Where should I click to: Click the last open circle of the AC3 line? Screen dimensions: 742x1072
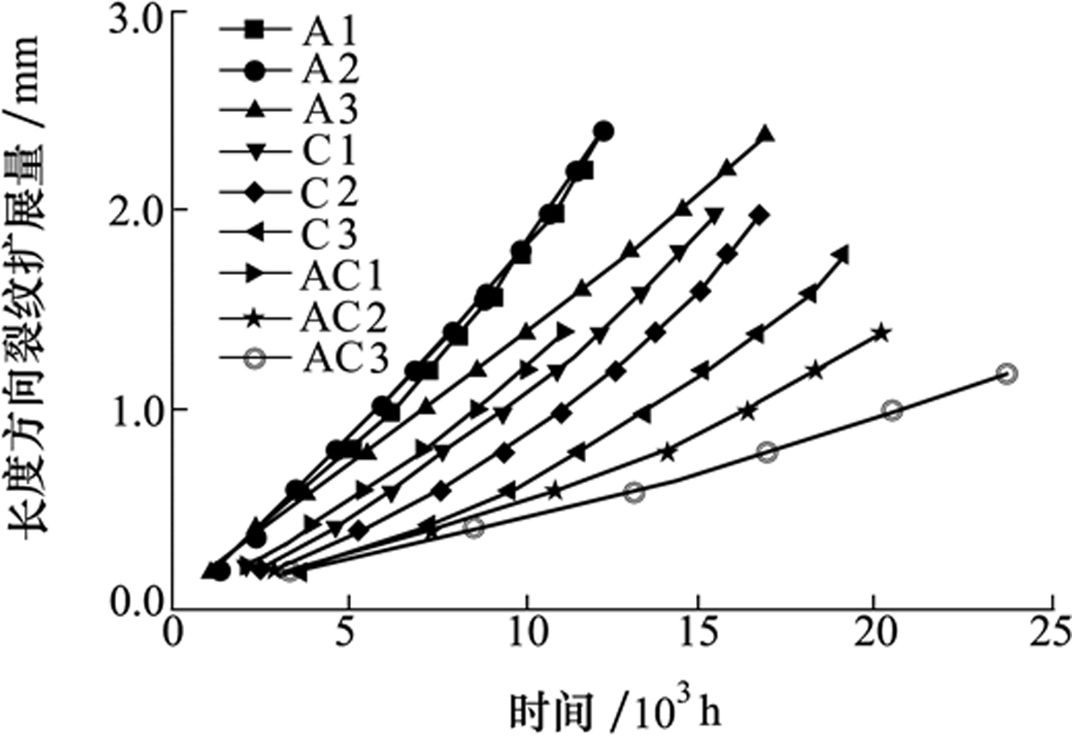tap(1007, 373)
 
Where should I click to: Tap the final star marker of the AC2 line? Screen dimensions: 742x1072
tap(881, 333)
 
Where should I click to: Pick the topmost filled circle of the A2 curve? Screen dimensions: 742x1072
tap(604, 131)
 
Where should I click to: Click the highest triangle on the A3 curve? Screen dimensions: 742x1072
tap(765, 135)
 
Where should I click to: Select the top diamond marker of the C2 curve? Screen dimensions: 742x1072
tap(759, 214)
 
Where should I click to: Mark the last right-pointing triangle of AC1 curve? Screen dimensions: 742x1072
tap(565, 330)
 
